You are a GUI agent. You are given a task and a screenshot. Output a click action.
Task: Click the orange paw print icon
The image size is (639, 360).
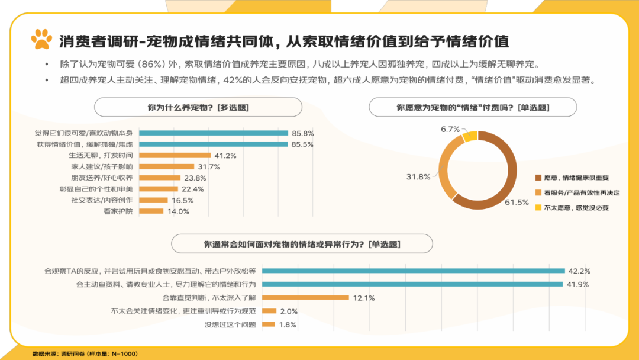pos(42,40)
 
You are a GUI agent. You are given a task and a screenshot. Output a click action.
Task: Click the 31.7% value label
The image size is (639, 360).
pos(209,167)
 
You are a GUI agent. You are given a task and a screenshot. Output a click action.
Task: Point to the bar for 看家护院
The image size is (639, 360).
pos(151,211)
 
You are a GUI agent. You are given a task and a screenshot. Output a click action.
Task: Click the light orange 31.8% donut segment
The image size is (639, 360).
pos(446,172)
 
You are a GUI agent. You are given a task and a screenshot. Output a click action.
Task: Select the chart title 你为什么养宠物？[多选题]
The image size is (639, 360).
pos(198,107)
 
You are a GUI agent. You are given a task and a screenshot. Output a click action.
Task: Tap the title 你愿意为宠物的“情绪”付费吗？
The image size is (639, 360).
pos(472,107)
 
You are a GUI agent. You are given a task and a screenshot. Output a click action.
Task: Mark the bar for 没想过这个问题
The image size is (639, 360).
pos(268,324)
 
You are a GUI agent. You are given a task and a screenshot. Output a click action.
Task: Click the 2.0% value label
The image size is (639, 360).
pos(289,311)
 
